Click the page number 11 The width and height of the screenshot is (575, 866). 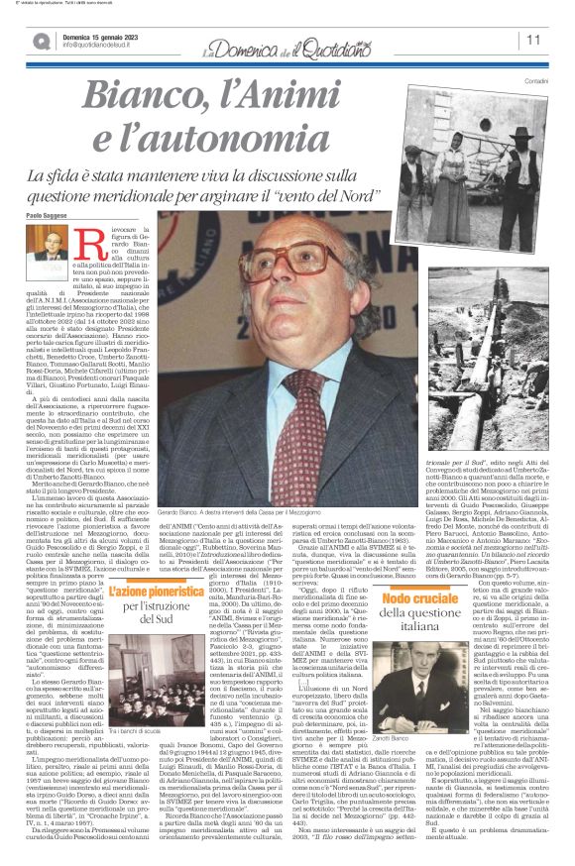[x=533, y=41]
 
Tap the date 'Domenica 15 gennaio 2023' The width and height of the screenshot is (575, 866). [x=99, y=35]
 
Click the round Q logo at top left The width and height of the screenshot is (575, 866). [x=41, y=40]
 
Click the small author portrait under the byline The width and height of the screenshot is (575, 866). [x=46, y=254]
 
